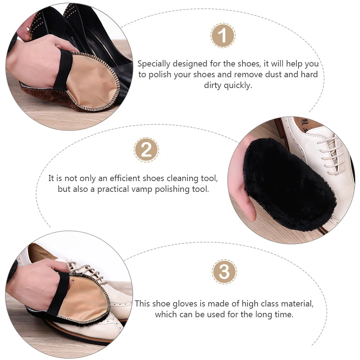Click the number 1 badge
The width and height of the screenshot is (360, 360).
(x=223, y=36)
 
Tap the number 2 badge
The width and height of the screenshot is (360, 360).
(x=146, y=150)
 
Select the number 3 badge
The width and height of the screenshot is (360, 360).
(x=224, y=272)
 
